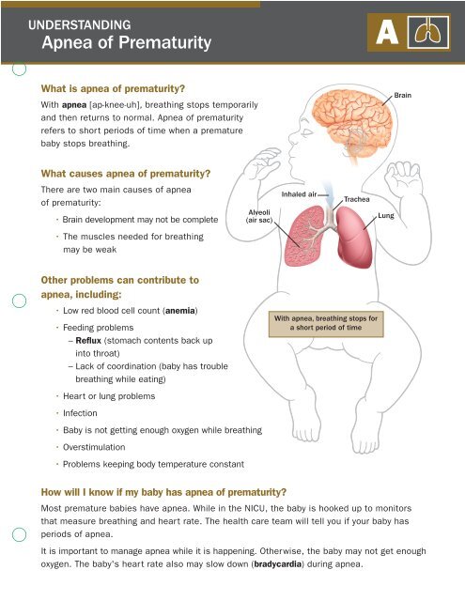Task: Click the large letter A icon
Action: (386, 34)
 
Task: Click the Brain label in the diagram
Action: (402, 96)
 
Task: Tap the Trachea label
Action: (357, 200)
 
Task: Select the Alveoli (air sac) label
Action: (258, 218)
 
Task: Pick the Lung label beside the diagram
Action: (386, 216)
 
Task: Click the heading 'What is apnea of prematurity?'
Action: (111, 87)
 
